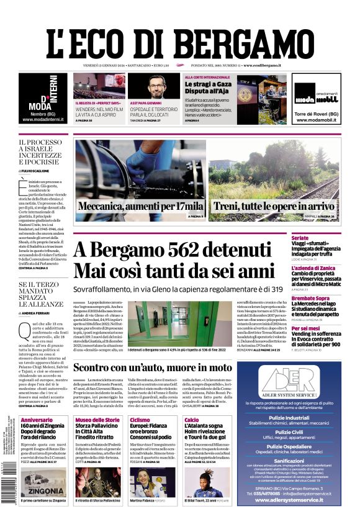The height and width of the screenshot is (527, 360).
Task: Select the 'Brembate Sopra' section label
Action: point(328,298)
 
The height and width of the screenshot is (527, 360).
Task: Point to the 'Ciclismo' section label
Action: point(140,420)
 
